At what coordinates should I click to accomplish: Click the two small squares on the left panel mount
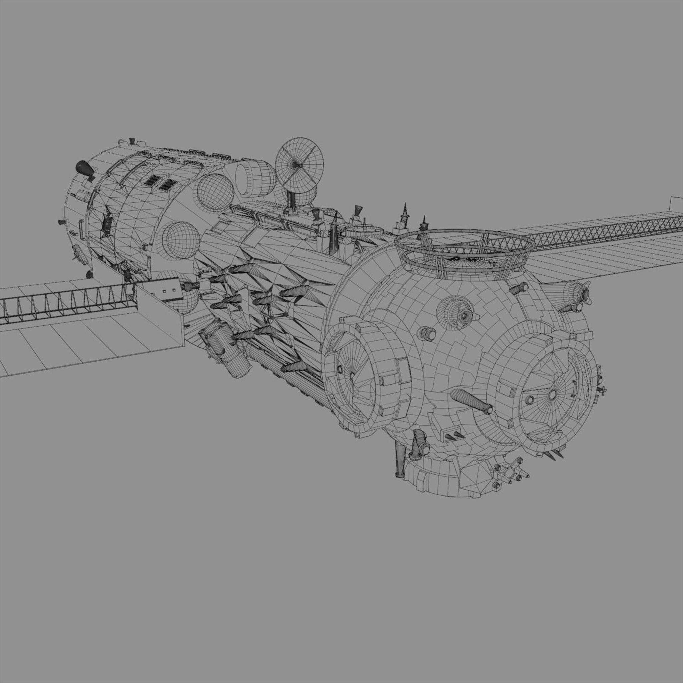pyautogui.click(x=169, y=290)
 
